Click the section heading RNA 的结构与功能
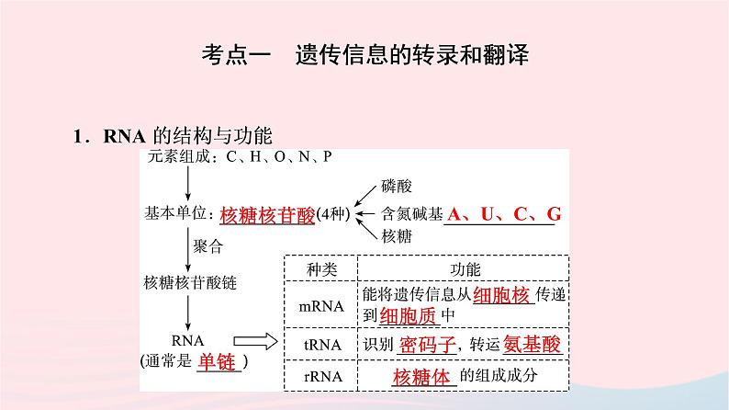click(172, 137)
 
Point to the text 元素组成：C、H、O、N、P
click(238, 157)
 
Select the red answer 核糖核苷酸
click(267, 215)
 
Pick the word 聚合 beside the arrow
click(208, 246)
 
